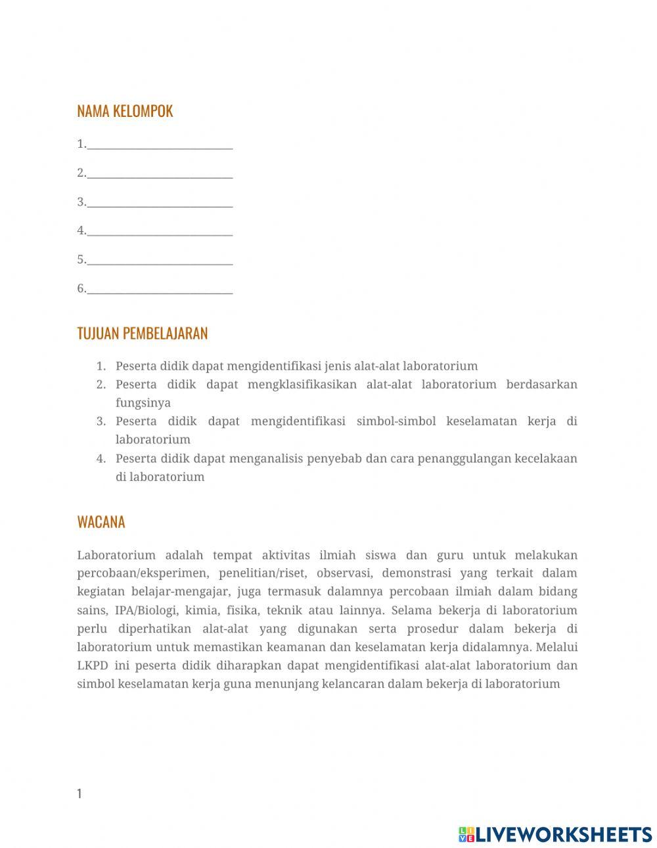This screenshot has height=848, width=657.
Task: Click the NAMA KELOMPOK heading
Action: pos(125,111)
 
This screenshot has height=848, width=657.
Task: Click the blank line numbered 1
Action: pos(160,145)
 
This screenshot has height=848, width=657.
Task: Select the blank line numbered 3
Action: pos(160,203)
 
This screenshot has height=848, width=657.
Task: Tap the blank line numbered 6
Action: pos(160,290)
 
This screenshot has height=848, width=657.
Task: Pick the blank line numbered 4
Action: pos(160,232)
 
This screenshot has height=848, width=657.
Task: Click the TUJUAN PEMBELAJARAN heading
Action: pos(142,333)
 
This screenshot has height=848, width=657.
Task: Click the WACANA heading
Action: pos(101,522)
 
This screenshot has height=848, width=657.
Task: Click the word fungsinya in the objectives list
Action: pos(143,403)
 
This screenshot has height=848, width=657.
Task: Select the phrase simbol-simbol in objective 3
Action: pos(396,421)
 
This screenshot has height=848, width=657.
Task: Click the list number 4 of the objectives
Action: pos(101,458)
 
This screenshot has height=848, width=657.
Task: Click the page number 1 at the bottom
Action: pos(79,793)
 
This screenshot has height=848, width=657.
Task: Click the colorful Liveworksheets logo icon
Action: pos(466,834)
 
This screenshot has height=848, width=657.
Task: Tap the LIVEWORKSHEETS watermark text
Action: pos(564,834)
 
